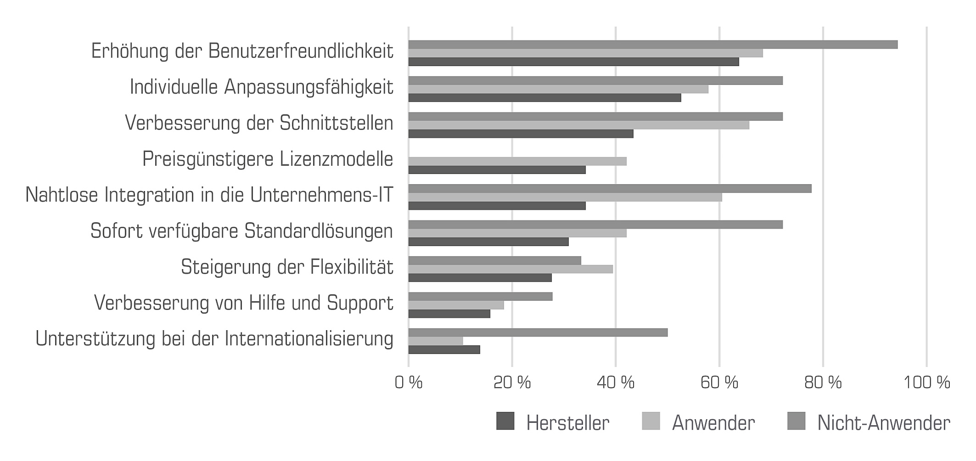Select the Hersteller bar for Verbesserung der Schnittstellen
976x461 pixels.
(521, 134)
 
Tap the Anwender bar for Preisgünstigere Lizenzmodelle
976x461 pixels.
(517, 161)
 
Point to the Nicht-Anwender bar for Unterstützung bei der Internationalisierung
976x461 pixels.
(538, 332)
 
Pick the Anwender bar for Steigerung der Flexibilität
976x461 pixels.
(510, 269)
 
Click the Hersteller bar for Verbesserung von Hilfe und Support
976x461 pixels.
(449, 314)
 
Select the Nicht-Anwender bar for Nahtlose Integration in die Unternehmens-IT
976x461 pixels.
(610, 188)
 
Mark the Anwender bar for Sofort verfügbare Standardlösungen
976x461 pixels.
(517, 233)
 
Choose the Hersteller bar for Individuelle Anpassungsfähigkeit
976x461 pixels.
(544, 98)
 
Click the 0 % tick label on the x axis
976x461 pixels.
(408, 382)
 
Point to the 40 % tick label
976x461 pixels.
(615, 382)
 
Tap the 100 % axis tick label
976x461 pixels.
(926, 382)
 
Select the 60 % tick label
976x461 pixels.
(719, 382)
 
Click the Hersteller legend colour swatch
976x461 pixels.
(505, 422)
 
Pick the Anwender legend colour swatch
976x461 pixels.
(651, 422)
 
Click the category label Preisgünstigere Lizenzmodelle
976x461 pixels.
(268, 159)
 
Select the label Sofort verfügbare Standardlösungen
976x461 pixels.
(241, 231)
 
